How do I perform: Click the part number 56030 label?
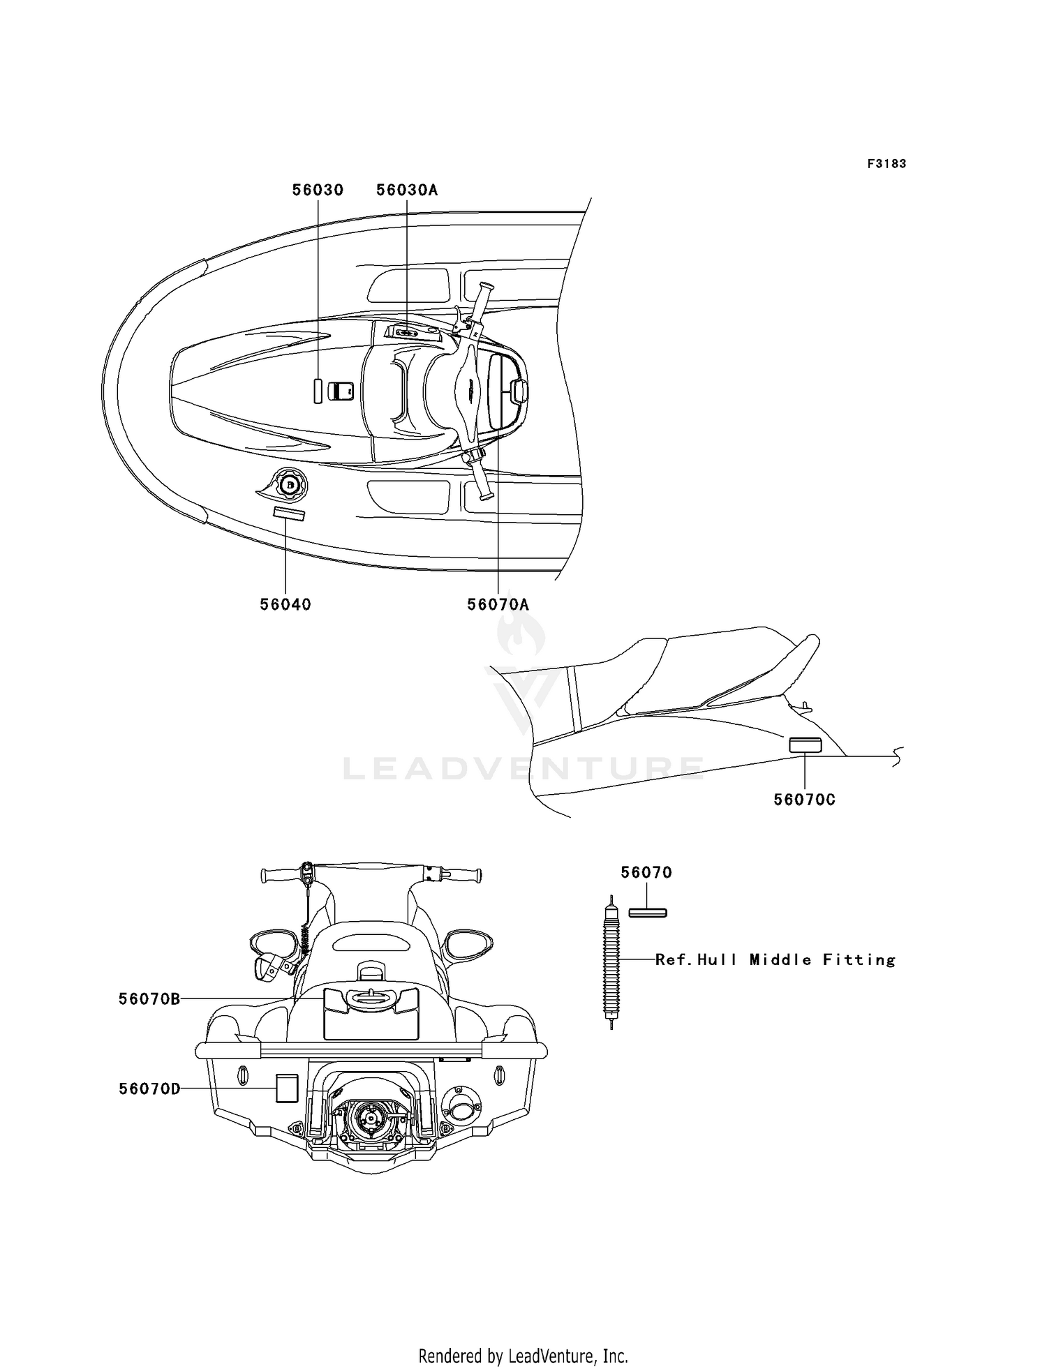click(318, 190)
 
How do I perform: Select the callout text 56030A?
click(407, 190)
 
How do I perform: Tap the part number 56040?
click(285, 604)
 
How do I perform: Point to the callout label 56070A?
click(498, 604)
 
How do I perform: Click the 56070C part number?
click(804, 800)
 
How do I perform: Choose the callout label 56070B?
click(149, 999)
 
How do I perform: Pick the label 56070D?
click(149, 1089)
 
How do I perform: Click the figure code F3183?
click(886, 164)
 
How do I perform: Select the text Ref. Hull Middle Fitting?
click(775, 960)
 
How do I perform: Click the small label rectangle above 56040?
click(289, 514)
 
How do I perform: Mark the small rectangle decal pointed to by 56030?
click(318, 391)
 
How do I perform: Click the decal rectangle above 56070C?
click(805, 745)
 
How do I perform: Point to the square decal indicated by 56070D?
click(287, 1089)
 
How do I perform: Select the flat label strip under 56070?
click(648, 913)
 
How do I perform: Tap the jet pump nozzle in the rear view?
click(367, 1117)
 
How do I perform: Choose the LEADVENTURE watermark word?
click(523, 768)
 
